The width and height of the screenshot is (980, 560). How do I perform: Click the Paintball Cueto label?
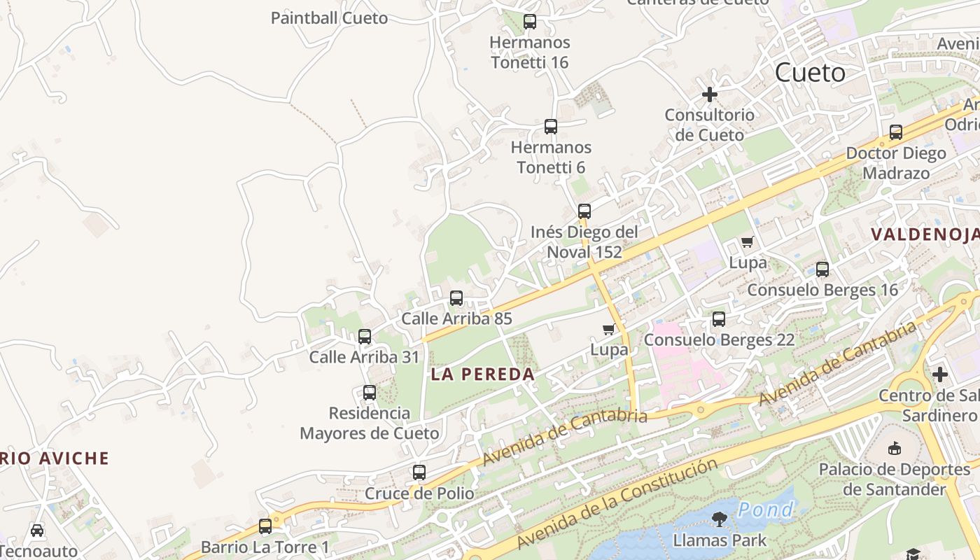point(329,18)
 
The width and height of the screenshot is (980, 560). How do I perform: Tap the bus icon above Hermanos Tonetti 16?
point(530,22)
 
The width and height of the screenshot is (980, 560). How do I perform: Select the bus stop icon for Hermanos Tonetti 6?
point(551,127)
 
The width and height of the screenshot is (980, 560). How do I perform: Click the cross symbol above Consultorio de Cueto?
point(710,94)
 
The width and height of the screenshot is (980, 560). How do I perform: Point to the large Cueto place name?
point(811,73)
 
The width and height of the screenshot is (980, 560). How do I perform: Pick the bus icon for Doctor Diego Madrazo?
point(896,132)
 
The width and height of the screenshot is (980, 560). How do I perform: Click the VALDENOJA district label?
point(925,234)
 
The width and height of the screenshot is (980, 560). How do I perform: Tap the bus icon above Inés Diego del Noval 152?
point(584,211)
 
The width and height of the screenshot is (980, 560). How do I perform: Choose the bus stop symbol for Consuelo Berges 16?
point(822,269)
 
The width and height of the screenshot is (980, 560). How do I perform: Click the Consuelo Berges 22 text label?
point(719,340)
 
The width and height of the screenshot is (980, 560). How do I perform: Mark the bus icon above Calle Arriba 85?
point(456,298)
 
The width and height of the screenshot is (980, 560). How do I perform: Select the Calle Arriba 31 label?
point(364,357)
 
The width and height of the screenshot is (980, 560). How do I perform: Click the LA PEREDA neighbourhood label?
point(483,374)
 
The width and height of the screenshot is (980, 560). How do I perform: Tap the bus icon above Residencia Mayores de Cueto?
point(370,393)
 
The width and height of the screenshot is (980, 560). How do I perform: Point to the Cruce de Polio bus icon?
point(419,472)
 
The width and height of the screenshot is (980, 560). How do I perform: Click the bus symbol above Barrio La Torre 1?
point(265,526)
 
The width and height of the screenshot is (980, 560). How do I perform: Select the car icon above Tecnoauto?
point(37,531)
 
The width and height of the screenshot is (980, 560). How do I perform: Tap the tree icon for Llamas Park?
point(719,519)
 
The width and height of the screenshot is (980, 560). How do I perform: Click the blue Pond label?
point(766,510)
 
